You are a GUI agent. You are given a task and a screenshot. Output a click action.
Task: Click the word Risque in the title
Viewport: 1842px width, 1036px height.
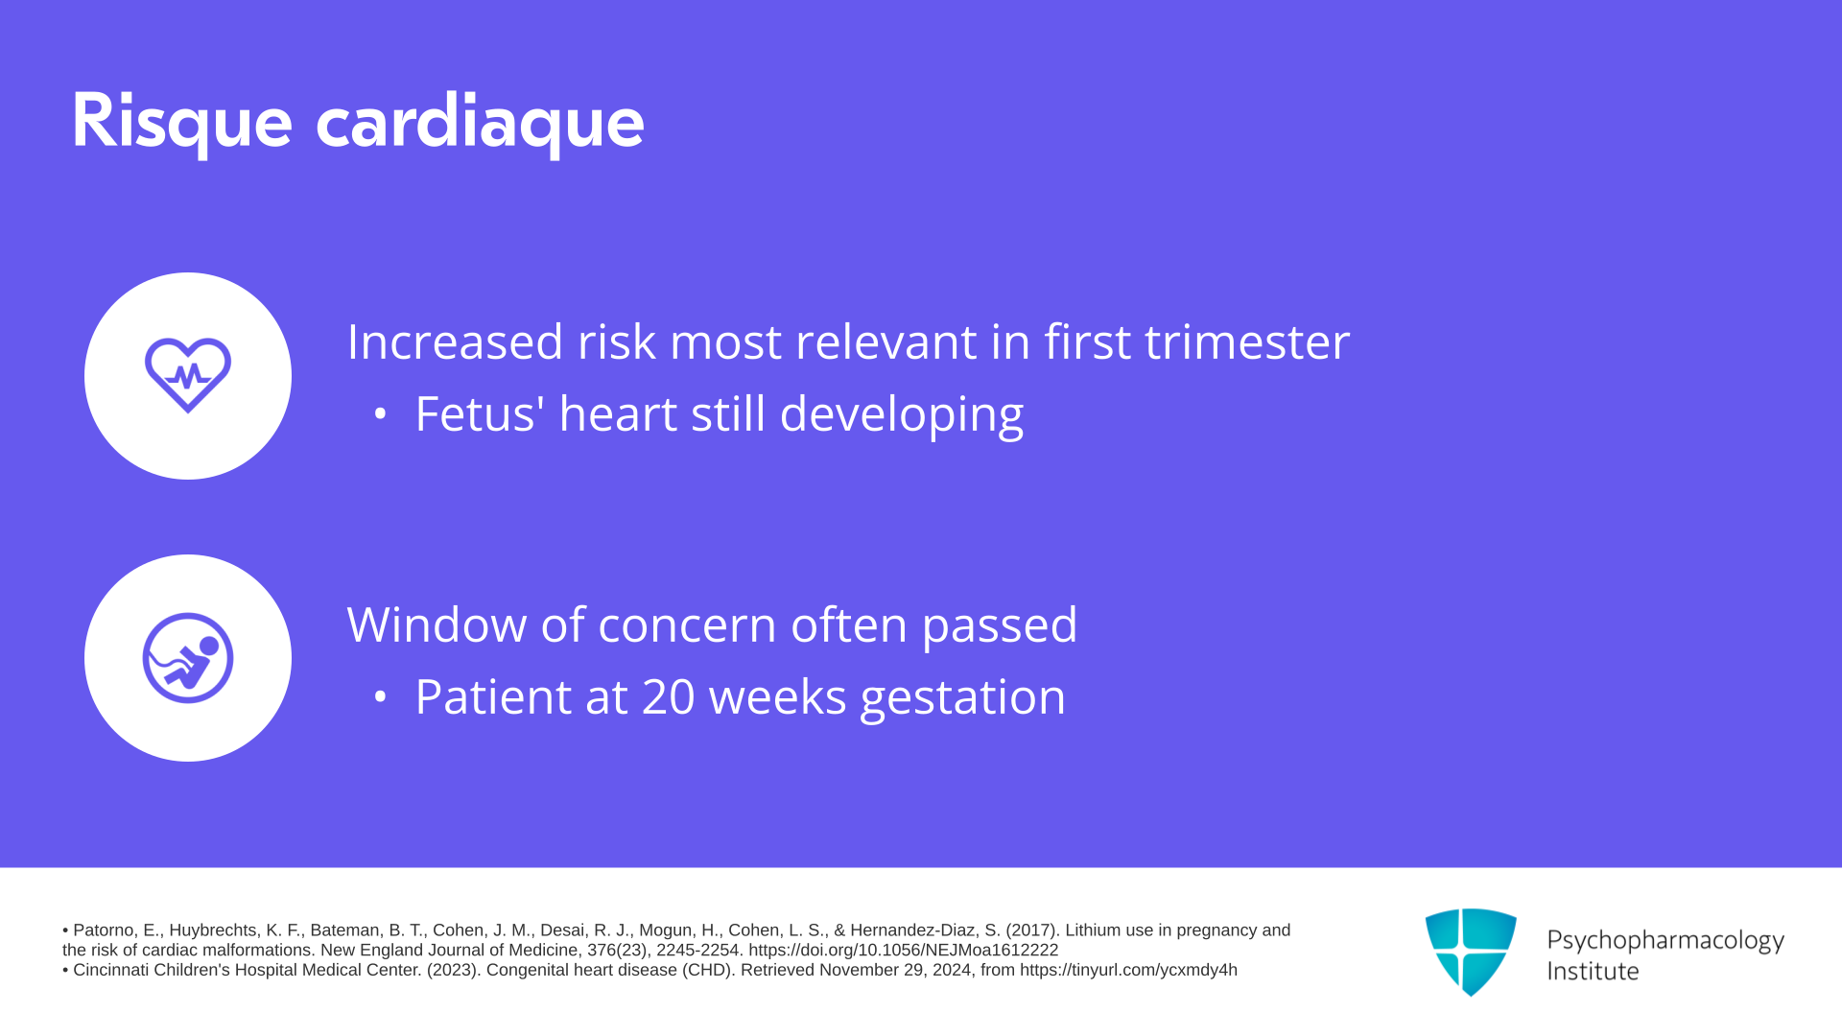tap(181, 122)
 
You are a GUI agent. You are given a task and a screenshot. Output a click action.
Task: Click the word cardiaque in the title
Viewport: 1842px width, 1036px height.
tap(480, 122)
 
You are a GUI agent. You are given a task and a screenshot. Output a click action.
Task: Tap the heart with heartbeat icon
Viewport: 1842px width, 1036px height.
tap(188, 375)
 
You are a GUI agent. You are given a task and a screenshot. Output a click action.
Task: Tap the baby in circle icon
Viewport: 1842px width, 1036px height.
tap(188, 658)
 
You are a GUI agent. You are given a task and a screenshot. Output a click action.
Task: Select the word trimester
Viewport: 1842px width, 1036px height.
tap(1247, 341)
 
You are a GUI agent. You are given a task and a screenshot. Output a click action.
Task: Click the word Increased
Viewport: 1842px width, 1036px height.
tap(455, 341)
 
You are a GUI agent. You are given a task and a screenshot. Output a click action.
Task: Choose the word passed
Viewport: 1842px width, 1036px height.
tap(1000, 625)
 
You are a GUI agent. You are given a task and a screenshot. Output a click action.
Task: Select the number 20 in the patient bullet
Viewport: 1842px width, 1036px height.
tap(668, 696)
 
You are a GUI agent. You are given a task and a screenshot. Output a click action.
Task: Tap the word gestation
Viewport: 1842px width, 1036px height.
tap(963, 697)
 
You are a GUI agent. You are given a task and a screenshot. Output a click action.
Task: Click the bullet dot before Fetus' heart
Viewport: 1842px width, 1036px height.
tap(380, 414)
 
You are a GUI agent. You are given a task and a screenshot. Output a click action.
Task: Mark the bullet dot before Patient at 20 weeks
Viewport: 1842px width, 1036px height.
tap(380, 697)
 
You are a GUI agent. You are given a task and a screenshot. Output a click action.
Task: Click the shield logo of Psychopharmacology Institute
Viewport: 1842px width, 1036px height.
tap(1471, 952)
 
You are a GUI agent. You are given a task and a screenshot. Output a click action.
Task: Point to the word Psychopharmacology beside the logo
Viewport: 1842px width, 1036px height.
tap(1665, 940)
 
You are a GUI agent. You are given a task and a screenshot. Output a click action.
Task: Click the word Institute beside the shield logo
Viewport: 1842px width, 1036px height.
tap(1593, 971)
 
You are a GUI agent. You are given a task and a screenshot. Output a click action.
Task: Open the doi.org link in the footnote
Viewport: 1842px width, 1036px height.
tap(903, 951)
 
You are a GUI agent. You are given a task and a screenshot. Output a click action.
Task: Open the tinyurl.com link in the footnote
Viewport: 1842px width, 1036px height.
tap(1128, 971)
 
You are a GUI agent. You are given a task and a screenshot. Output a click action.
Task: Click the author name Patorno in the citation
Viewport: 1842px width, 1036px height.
tap(104, 930)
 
